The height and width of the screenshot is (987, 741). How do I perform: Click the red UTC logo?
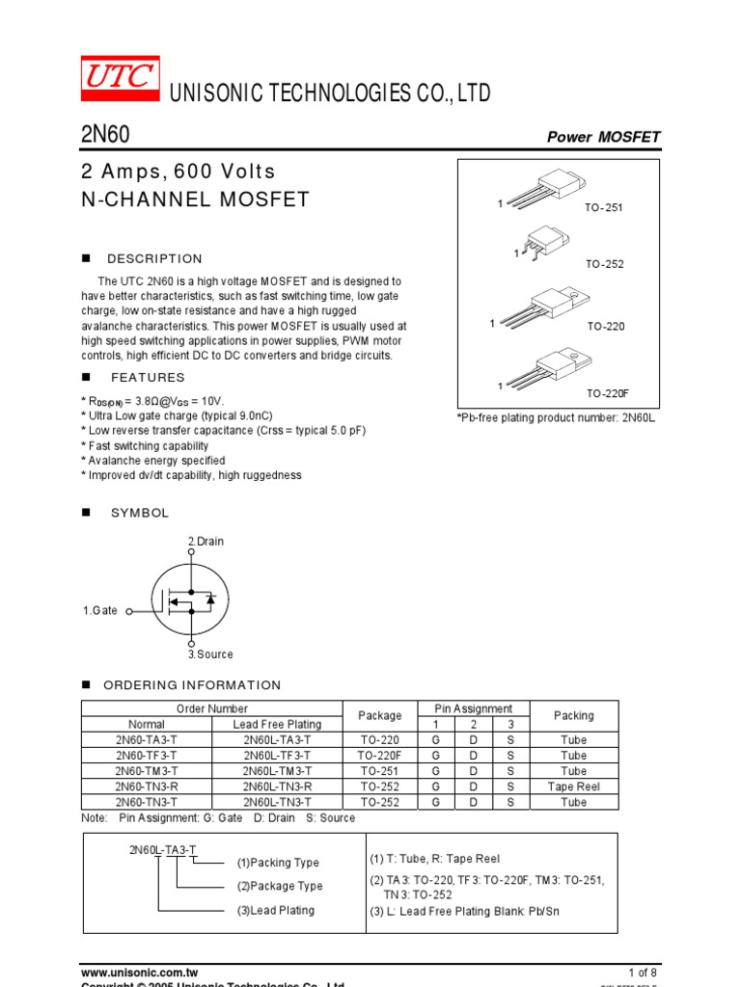click(x=120, y=78)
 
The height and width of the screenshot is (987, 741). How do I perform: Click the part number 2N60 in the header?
click(x=104, y=135)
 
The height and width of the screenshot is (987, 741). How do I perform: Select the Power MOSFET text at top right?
click(x=603, y=137)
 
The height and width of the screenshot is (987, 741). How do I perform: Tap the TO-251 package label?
click(x=604, y=208)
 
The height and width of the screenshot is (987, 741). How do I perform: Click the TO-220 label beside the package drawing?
click(x=606, y=327)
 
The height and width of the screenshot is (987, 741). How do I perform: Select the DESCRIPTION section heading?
click(x=154, y=258)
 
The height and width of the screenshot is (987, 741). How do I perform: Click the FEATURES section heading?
click(x=148, y=377)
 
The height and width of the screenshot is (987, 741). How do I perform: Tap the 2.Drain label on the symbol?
click(x=206, y=541)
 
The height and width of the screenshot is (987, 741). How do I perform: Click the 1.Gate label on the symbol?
click(x=100, y=610)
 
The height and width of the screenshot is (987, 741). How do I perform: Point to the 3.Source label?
click(x=210, y=654)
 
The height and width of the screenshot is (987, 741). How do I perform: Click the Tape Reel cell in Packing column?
click(x=573, y=787)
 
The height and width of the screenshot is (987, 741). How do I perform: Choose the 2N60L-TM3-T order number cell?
click(x=277, y=771)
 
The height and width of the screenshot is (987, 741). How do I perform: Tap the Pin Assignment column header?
click(x=473, y=708)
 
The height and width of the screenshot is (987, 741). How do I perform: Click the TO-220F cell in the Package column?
click(x=379, y=756)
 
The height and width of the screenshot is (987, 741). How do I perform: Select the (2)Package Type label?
click(x=280, y=886)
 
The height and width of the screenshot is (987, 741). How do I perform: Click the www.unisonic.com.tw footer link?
click(x=139, y=973)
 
